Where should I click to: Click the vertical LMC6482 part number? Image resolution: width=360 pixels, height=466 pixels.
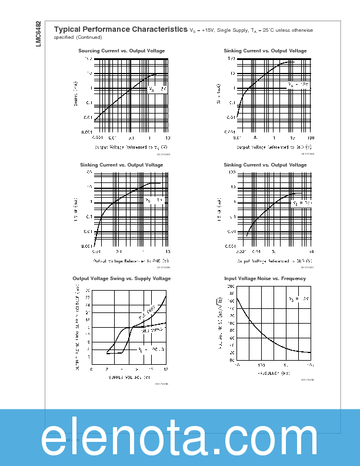[38, 35]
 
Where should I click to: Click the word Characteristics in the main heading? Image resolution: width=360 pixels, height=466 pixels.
[151, 29]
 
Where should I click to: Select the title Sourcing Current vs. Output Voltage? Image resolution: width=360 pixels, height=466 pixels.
[122, 51]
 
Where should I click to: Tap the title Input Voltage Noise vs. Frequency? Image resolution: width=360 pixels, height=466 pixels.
[265, 278]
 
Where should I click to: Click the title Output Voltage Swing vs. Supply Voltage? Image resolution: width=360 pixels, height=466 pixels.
[122, 278]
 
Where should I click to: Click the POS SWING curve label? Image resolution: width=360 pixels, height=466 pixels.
[146, 312]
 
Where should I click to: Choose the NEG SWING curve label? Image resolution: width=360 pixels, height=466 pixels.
[151, 329]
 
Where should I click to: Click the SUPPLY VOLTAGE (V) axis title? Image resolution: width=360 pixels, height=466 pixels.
[129, 377]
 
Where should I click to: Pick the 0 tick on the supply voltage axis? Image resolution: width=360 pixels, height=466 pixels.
[92, 369]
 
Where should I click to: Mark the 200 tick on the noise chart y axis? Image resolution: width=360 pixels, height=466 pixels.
[231, 286]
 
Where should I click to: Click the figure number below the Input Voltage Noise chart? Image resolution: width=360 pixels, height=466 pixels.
[307, 380]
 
